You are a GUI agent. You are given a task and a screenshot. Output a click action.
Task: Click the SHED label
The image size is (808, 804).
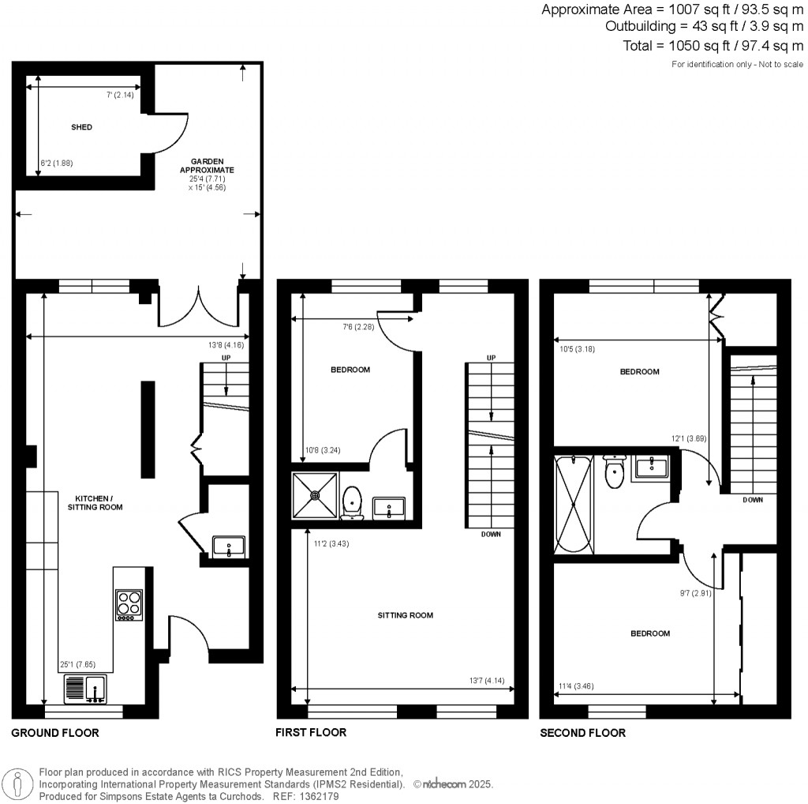click(82, 127)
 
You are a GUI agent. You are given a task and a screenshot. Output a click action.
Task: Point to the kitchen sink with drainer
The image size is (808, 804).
click(85, 689)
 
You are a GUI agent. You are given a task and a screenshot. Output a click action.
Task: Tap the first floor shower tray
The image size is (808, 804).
click(316, 496)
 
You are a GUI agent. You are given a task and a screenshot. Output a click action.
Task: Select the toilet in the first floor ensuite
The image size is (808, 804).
click(352, 502)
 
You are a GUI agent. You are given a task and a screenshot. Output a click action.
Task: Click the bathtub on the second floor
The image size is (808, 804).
click(573, 504)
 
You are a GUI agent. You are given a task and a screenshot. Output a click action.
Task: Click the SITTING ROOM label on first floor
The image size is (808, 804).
click(406, 615)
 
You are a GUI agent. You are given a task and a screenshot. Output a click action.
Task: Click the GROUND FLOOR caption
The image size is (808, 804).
click(55, 733)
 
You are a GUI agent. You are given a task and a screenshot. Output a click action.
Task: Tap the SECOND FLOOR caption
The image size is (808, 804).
click(582, 733)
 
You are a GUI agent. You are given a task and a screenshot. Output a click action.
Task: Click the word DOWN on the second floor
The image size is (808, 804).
click(752, 500)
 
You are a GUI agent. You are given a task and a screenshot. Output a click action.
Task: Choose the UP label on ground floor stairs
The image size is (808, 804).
click(226, 358)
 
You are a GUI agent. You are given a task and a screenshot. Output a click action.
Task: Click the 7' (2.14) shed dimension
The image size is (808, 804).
click(120, 95)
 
